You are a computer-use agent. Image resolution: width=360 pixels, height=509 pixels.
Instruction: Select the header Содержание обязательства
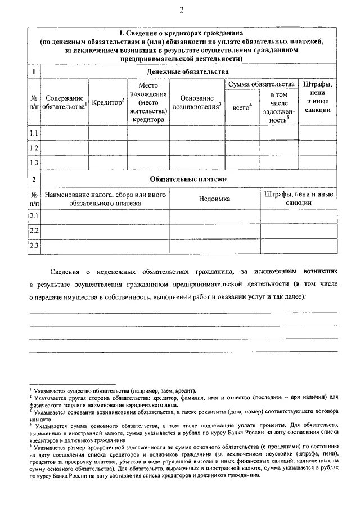tap(65, 102)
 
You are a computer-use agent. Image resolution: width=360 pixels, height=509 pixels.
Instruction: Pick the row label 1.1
tap(34, 133)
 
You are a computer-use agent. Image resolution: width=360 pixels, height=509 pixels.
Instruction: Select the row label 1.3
tap(34, 163)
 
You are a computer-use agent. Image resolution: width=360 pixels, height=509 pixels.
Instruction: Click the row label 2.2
tap(34, 231)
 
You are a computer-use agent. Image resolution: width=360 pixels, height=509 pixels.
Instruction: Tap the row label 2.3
tap(34, 245)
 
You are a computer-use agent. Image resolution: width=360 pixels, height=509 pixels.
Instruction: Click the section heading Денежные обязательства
tap(188, 72)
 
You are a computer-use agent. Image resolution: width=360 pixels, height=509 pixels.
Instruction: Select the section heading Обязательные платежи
tap(188, 179)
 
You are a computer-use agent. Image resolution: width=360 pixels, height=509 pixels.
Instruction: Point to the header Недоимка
tap(214, 199)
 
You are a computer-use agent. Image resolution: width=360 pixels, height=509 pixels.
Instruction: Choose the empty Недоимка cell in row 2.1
tap(214, 216)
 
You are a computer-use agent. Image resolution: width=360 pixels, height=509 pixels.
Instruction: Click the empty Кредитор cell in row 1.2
tap(107, 148)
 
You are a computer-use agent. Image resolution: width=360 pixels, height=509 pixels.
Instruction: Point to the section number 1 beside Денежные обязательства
tap(34, 72)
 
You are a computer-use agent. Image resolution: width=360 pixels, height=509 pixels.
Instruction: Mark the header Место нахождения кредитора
tap(148, 101)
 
